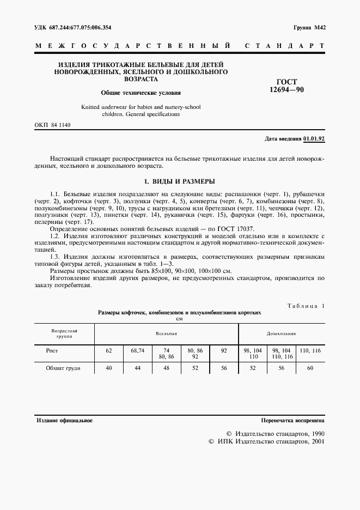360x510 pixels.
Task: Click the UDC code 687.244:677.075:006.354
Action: (73, 27)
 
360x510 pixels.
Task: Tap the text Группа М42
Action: (309, 27)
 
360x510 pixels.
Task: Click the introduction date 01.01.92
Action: (314, 139)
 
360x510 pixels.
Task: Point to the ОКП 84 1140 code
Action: (53, 125)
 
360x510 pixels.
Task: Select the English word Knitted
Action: (91, 107)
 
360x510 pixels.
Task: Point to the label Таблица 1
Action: (306, 306)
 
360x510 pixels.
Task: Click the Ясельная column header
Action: (166, 333)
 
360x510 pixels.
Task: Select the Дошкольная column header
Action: (281, 333)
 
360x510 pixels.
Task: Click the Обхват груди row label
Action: (63, 368)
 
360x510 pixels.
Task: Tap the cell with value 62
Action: (108, 351)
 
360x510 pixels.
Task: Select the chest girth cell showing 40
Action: (108, 368)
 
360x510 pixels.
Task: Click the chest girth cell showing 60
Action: (310, 368)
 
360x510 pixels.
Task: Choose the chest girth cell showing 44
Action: (137, 368)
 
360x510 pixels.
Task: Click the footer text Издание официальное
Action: (64, 421)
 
